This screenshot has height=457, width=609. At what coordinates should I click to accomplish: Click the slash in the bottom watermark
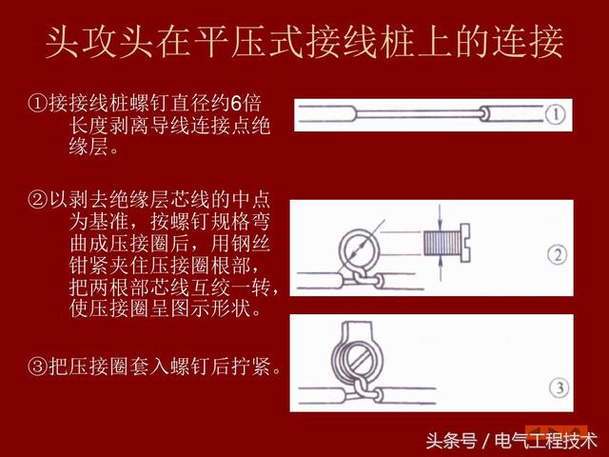[485, 441]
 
